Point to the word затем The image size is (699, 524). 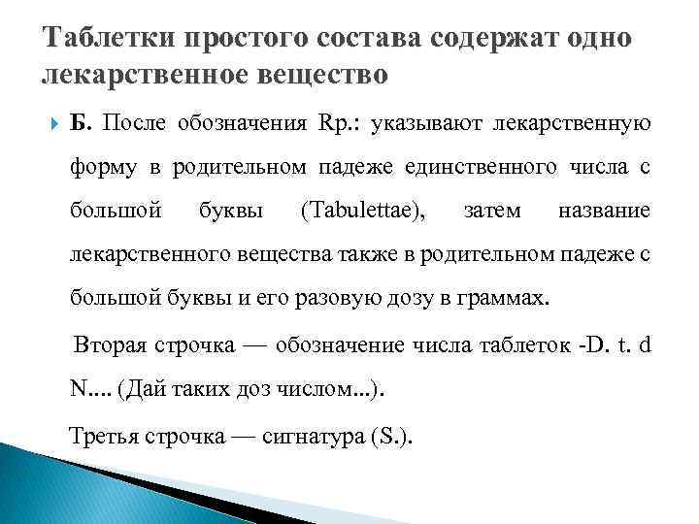(x=492, y=210)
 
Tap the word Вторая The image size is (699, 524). (x=108, y=345)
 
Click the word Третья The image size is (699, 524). (x=106, y=435)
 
